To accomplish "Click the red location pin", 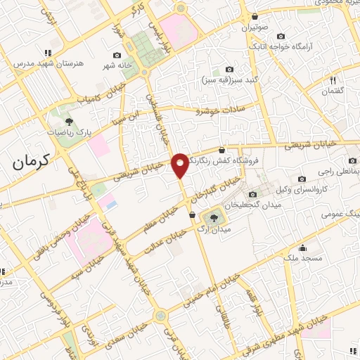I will [x=181, y=165].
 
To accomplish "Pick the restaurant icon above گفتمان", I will [x=333, y=80].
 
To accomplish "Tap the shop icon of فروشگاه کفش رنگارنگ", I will [x=222, y=150].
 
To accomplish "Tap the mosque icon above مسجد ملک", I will [x=303, y=247].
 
